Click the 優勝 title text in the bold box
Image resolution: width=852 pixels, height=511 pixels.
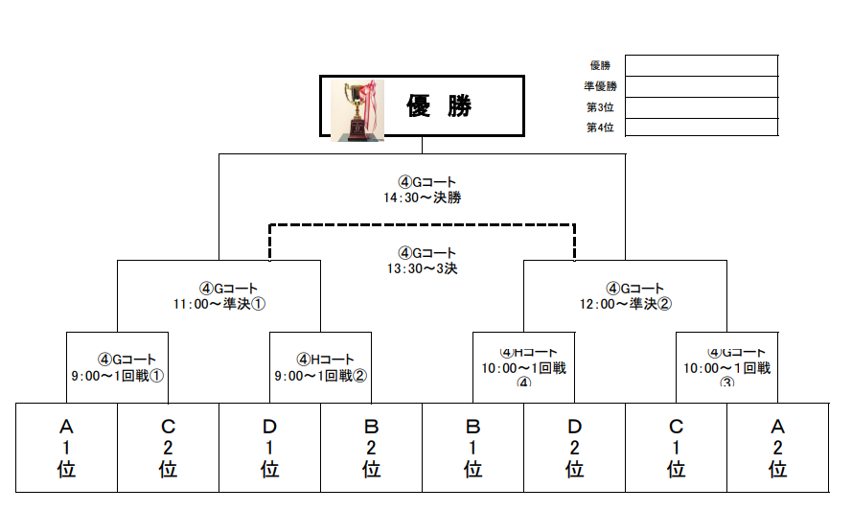pyautogui.click(x=440, y=106)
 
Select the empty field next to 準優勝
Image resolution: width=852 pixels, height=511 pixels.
pyautogui.click(x=701, y=86)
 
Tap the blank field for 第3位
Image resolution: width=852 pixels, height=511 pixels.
pyautogui.click(x=701, y=107)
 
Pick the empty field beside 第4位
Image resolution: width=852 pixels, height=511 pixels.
pyautogui.click(x=701, y=128)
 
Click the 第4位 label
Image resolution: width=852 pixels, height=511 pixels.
pyautogui.click(x=600, y=128)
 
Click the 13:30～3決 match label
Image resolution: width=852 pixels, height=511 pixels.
pyautogui.click(x=422, y=261)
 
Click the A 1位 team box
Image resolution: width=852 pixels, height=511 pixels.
pyautogui.click(x=66, y=448)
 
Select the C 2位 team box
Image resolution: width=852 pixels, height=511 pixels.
pyautogui.click(x=168, y=448)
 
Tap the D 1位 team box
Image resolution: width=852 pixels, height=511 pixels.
pyautogui.click(x=269, y=448)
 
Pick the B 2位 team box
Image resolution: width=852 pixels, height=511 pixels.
pyautogui.click(x=371, y=448)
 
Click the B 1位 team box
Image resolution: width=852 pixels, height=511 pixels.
pyautogui.click(x=472, y=448)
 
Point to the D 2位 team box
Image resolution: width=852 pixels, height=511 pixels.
pyautogui.click(x=574, y=448)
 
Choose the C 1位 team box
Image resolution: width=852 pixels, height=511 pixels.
pyautogui.click(x=676, y=448)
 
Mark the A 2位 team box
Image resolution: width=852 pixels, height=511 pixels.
pyautogui.click(x=777, y=448)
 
